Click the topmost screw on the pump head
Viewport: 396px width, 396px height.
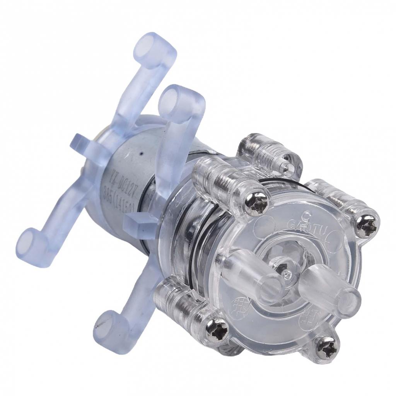click(287, 167)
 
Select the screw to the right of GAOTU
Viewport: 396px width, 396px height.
click(365, 227)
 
